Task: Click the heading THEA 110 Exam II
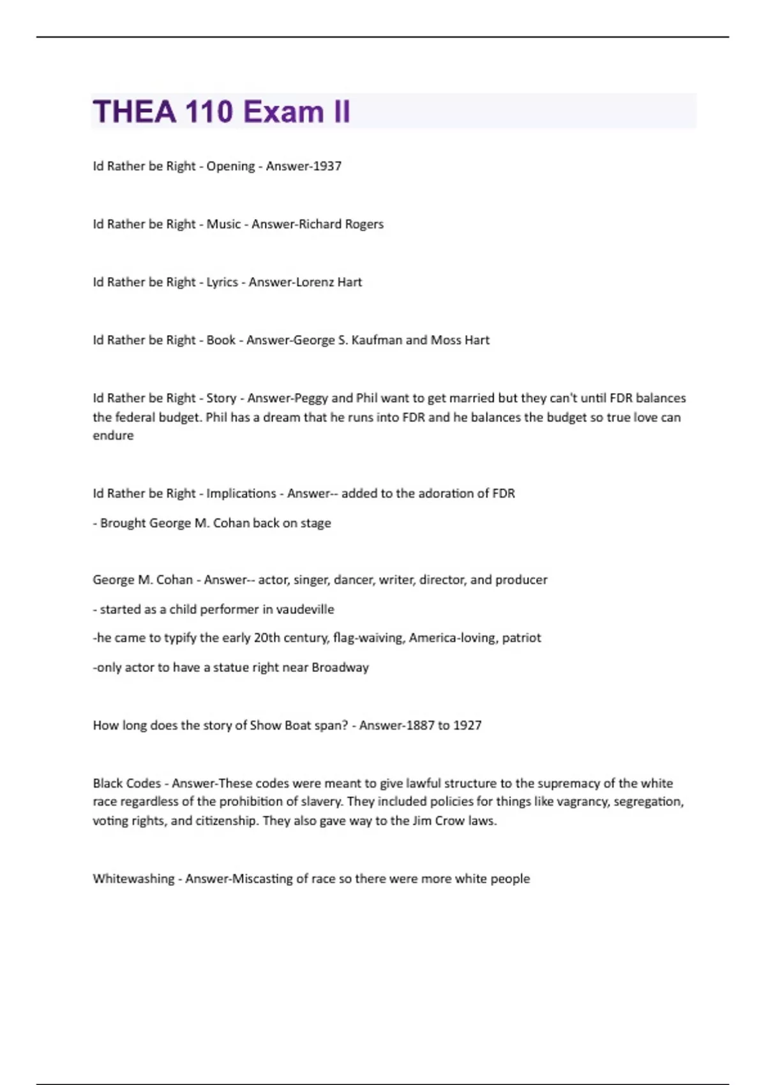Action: point(222,112)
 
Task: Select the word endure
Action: point(113,435)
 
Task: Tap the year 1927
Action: point(467,725)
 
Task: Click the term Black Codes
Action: point(126,783)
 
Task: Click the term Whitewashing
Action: point(133,879)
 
